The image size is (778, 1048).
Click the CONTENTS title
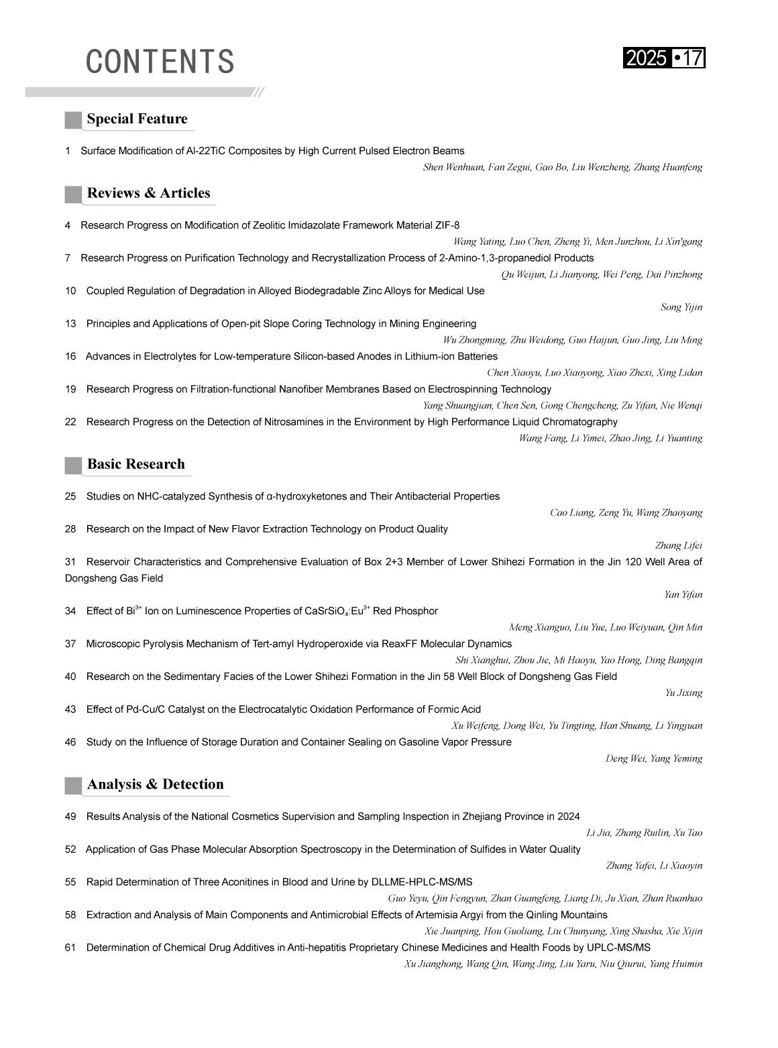click(160, 61)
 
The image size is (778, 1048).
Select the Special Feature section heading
click(137, 119)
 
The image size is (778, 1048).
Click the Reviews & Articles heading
click(148, 193)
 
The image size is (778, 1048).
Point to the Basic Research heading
click(135, 464)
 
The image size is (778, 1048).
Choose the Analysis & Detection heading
click(155, 784)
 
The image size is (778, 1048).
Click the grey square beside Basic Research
click(73, 465)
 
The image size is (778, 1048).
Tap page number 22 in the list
click(70, 422)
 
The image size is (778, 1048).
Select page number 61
click(70, 948)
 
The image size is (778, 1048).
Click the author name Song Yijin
click(681, 308)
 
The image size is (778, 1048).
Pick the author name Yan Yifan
click(683, 595)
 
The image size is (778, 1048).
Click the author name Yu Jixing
click(683, 693)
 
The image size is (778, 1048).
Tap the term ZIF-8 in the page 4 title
click(447, 225)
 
